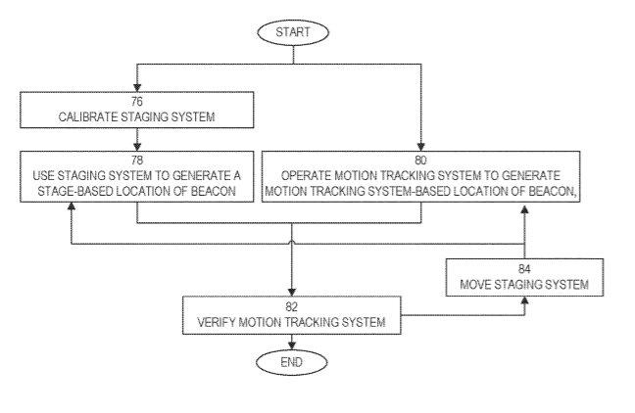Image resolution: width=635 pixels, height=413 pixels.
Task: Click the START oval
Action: click(293, 32)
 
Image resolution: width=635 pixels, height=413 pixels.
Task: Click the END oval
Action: click(292, 362)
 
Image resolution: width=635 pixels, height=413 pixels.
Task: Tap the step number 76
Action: click(137, 101)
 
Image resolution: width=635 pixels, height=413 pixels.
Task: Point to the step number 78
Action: click(137, 161)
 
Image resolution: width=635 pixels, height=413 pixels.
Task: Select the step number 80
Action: click(420, 161)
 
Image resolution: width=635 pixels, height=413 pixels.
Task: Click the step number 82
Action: click(292, 307)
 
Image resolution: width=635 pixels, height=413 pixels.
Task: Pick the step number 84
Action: click(524, 269)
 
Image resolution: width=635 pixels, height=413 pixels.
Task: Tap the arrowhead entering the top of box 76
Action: click(137, 88)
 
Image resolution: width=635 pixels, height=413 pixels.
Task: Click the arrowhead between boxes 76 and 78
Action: click(137, 147)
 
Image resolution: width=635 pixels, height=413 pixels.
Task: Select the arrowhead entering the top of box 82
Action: click(292, 292)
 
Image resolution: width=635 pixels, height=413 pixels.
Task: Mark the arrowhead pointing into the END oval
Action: click(292, 345)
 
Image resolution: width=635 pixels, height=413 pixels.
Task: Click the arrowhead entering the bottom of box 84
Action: click(524, 300)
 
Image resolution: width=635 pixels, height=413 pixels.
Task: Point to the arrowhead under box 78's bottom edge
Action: click(72, 206)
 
